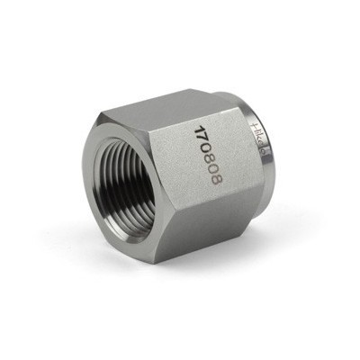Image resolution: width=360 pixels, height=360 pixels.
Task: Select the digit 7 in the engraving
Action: click(x=199, y=137)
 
